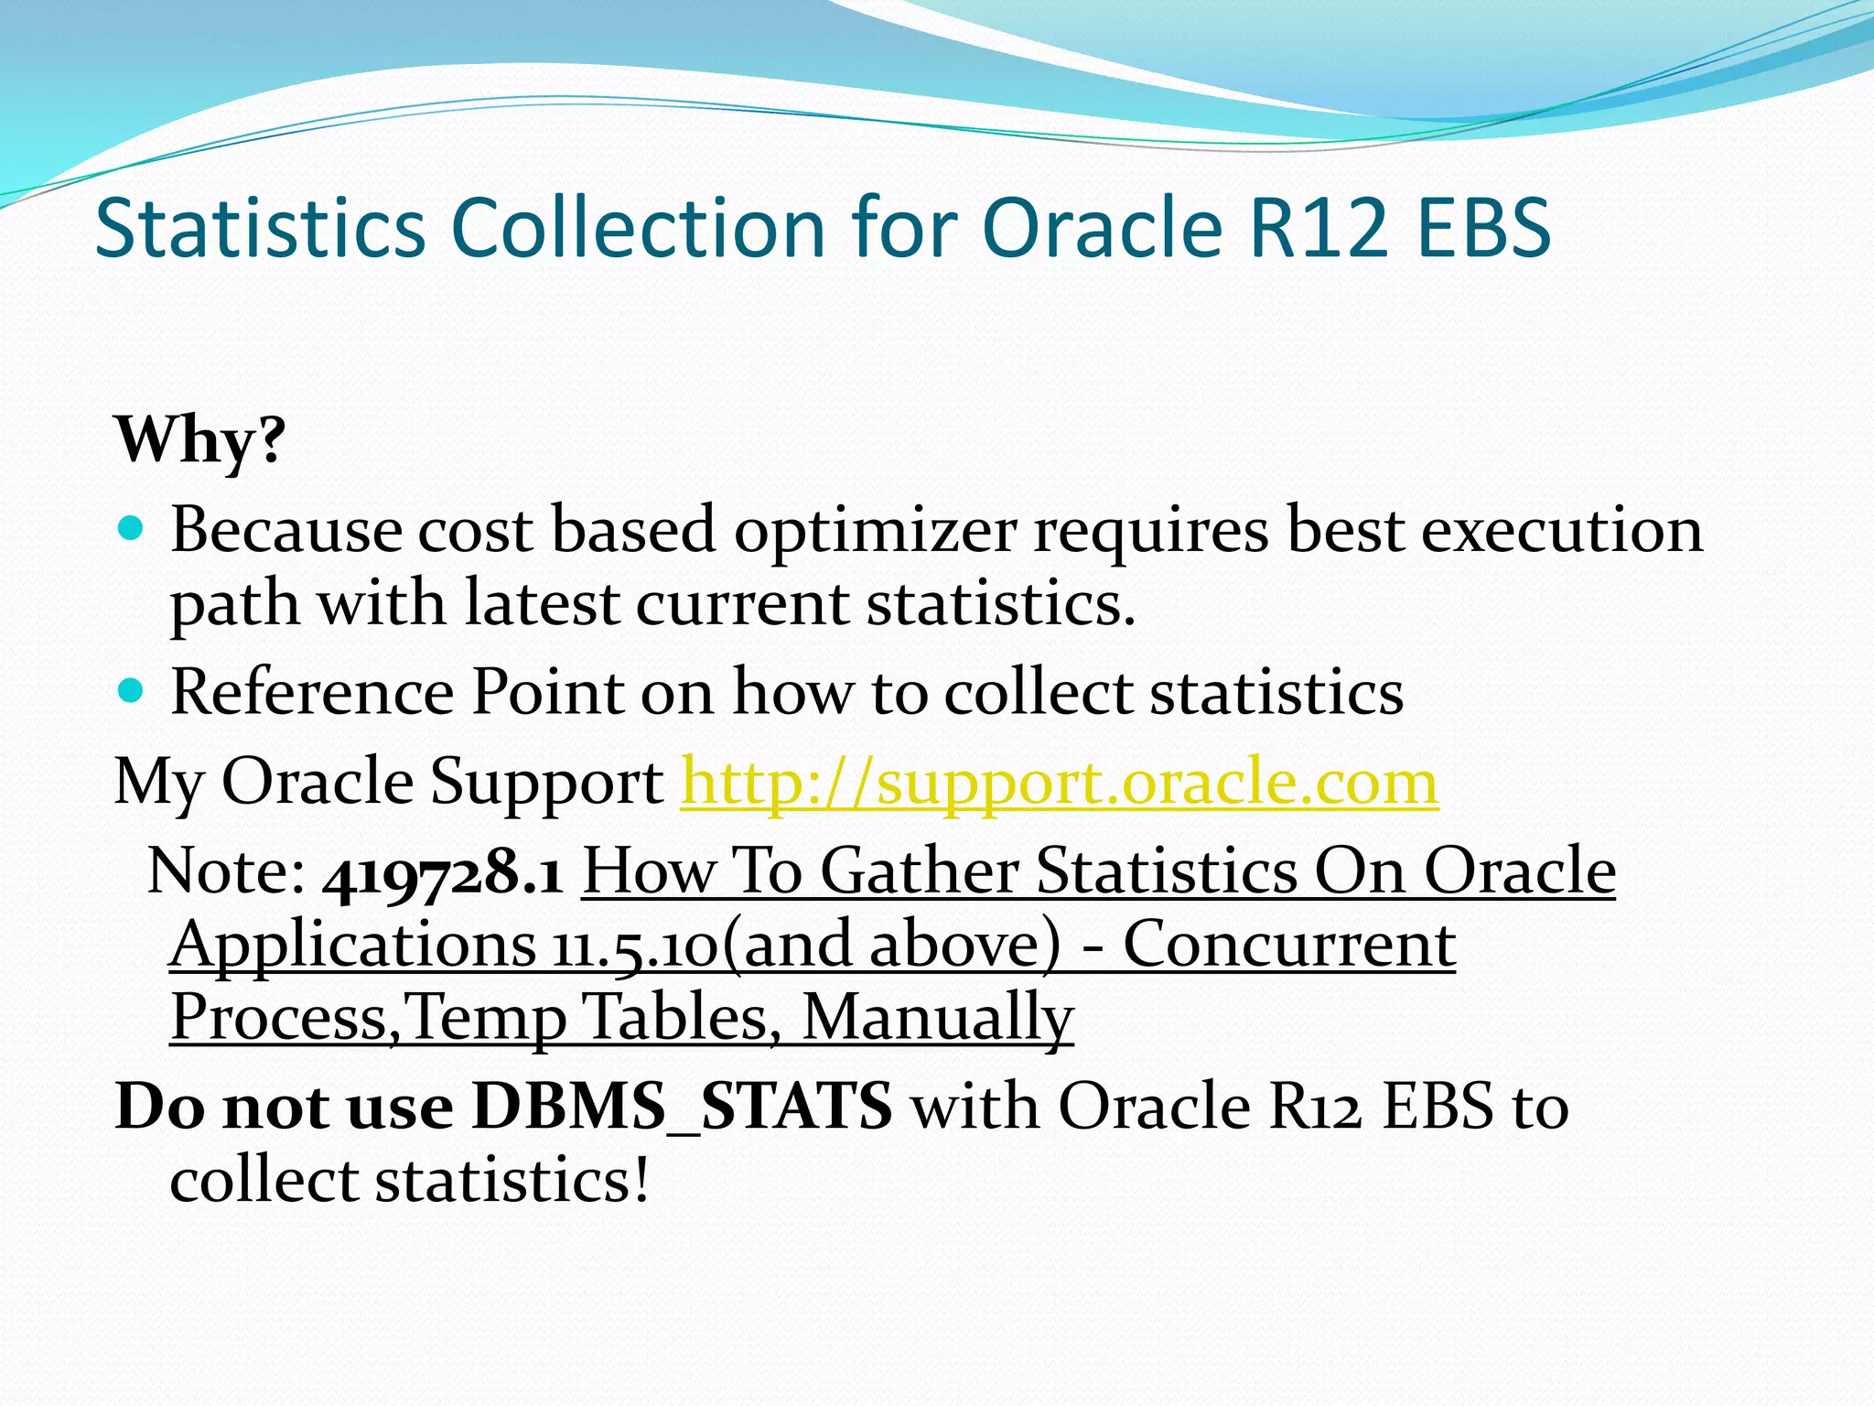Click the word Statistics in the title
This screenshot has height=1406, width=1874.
tap(260, 227)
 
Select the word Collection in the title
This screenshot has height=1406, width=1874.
tap(639, 227)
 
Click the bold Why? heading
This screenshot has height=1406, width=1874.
tap(199, 440)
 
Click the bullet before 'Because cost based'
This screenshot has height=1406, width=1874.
tap(132, 528)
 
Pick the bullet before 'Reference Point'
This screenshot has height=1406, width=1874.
tap(132, 690)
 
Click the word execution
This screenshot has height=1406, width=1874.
tap(1561, 531)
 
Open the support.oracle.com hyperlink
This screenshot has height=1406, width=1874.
tap(1059, 783)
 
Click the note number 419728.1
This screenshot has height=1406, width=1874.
tap(443, 872)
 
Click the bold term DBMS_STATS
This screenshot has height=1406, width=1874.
tap(682, 1107)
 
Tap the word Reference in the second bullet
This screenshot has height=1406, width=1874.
tap(311, 692)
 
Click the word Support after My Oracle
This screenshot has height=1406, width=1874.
tap(546, 784)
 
